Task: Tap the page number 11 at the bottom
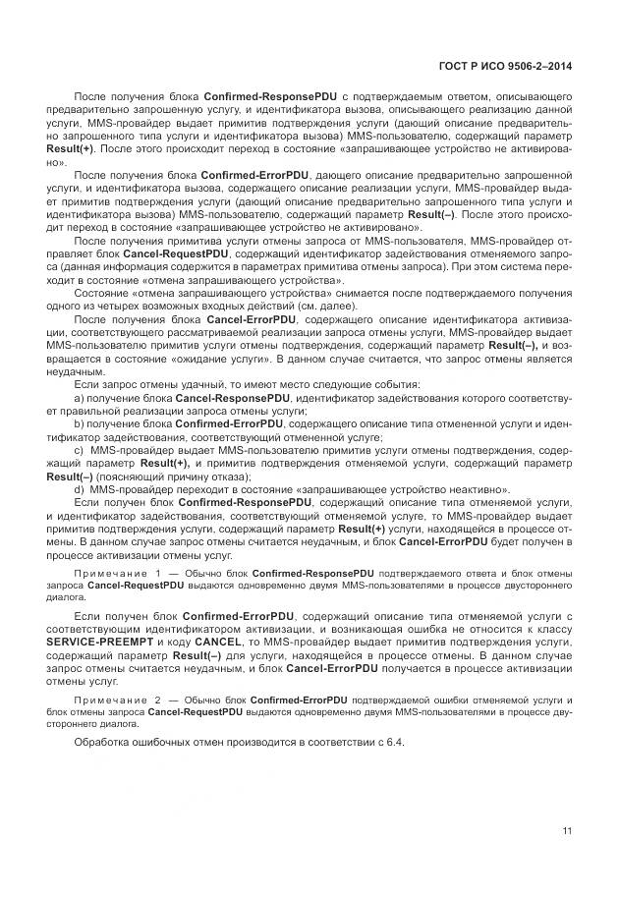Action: coord(567,832)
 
